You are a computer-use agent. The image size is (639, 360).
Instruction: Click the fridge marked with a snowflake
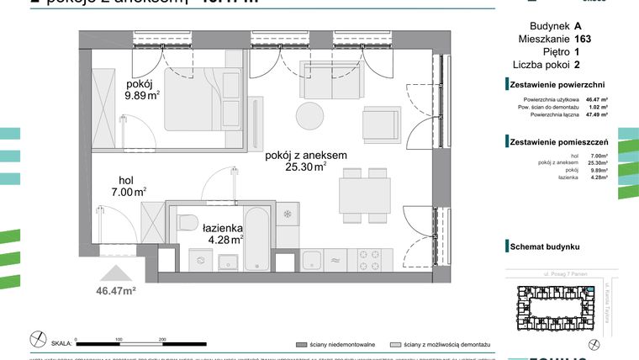point(288,214)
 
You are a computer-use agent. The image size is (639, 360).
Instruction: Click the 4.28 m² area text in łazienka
point(225,240)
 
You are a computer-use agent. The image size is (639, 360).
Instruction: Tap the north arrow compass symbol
point(38,339)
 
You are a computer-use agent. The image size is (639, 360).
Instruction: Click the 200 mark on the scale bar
point(161,337)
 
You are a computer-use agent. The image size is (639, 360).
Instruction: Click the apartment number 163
point(583,39)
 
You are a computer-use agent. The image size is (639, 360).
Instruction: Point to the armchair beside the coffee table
point(378,125)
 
